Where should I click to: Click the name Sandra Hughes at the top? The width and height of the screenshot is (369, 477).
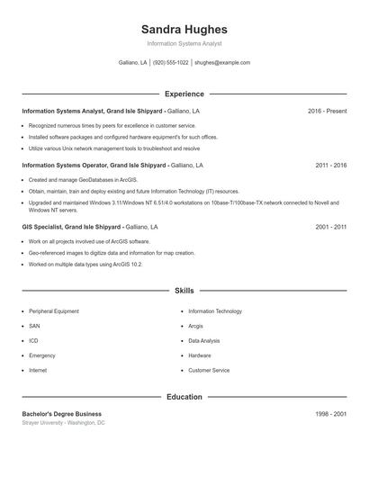[x=184, y=29]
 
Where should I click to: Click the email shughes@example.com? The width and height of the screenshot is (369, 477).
[x=222, y=63]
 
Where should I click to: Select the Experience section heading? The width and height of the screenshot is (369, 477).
[x=184, y=94]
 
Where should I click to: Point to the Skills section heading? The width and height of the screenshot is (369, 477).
[x=184, y=291]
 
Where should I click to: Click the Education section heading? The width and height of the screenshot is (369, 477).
[x=184, y=396]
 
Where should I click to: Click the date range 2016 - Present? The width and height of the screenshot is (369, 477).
[x=327, y=111]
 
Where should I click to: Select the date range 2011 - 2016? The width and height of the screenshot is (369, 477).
[x=330, y=166]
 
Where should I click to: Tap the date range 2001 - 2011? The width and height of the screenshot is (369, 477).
[x=330, y=228]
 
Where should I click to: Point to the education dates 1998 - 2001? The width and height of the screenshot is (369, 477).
[x=330, y=413]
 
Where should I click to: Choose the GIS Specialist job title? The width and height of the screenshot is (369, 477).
[x=41, y=228]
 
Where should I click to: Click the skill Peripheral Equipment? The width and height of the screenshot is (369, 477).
[x=53, y=311]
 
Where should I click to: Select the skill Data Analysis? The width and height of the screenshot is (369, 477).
[x=204, y=341]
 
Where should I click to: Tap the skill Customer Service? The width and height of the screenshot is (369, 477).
[x=209, y=370]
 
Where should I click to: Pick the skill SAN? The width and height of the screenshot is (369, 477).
[x=34, y=326]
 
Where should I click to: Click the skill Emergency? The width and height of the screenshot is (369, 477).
[x=41, y=355]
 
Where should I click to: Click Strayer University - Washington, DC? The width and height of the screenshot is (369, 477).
[x=63, y=422]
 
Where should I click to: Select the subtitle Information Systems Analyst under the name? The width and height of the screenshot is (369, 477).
[x=184, y=43]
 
